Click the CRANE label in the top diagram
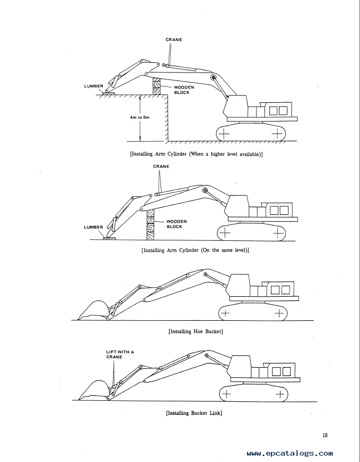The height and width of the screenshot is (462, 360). click(174, 40)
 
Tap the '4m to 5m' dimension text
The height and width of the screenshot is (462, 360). click(140, 117)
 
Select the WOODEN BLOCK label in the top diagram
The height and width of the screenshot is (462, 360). click(183, 90)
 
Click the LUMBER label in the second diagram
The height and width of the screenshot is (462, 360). click(93, 227)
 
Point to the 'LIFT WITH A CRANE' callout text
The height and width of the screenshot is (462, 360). click(120, 354)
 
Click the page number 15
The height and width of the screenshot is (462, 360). click(325, 435)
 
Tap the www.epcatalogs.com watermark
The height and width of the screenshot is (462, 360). click(290, 453)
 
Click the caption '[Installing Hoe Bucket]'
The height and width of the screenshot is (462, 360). click(196, 331)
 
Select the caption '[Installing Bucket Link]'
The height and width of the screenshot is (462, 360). click(194, 413)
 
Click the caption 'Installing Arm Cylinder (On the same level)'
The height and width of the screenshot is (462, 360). click(195, 250)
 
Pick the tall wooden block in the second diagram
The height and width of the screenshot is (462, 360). click(150, 224)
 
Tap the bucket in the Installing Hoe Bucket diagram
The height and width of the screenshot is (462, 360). click(93, 310)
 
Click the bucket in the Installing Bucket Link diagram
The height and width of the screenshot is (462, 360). click(94, 390)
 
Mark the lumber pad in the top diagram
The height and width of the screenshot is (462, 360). click(108, 93)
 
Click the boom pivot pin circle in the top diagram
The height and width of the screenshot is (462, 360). click(213, 77)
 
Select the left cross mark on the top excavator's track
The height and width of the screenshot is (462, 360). click(225, 134)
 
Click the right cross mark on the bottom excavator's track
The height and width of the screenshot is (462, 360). click(280, 394)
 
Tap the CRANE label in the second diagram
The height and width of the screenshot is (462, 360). click(161, 166)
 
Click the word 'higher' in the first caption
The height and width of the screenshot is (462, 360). click(218, 154)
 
